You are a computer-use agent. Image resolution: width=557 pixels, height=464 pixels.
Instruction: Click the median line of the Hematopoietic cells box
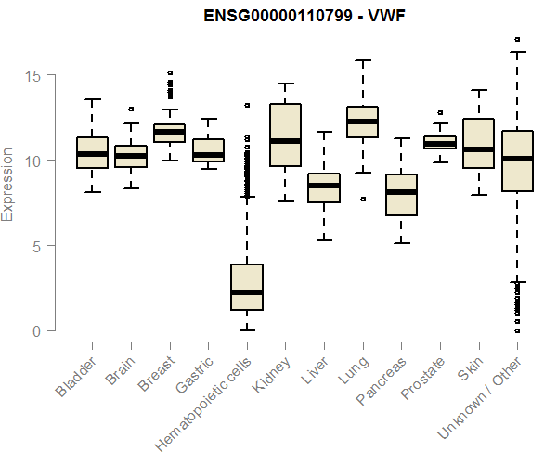click(x=247, y=292)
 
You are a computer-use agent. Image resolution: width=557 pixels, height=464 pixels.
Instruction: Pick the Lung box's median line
click(x=362, y=122)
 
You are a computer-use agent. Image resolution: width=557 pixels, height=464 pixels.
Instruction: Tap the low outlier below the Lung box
click(x=362, y=199)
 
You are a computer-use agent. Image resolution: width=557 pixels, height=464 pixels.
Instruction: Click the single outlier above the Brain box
click(x=131, y=109)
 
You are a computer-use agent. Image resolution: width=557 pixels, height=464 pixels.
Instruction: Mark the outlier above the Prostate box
click(x=440, y=112)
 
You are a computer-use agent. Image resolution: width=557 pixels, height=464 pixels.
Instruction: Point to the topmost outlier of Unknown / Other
click(x=517, y=40)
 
